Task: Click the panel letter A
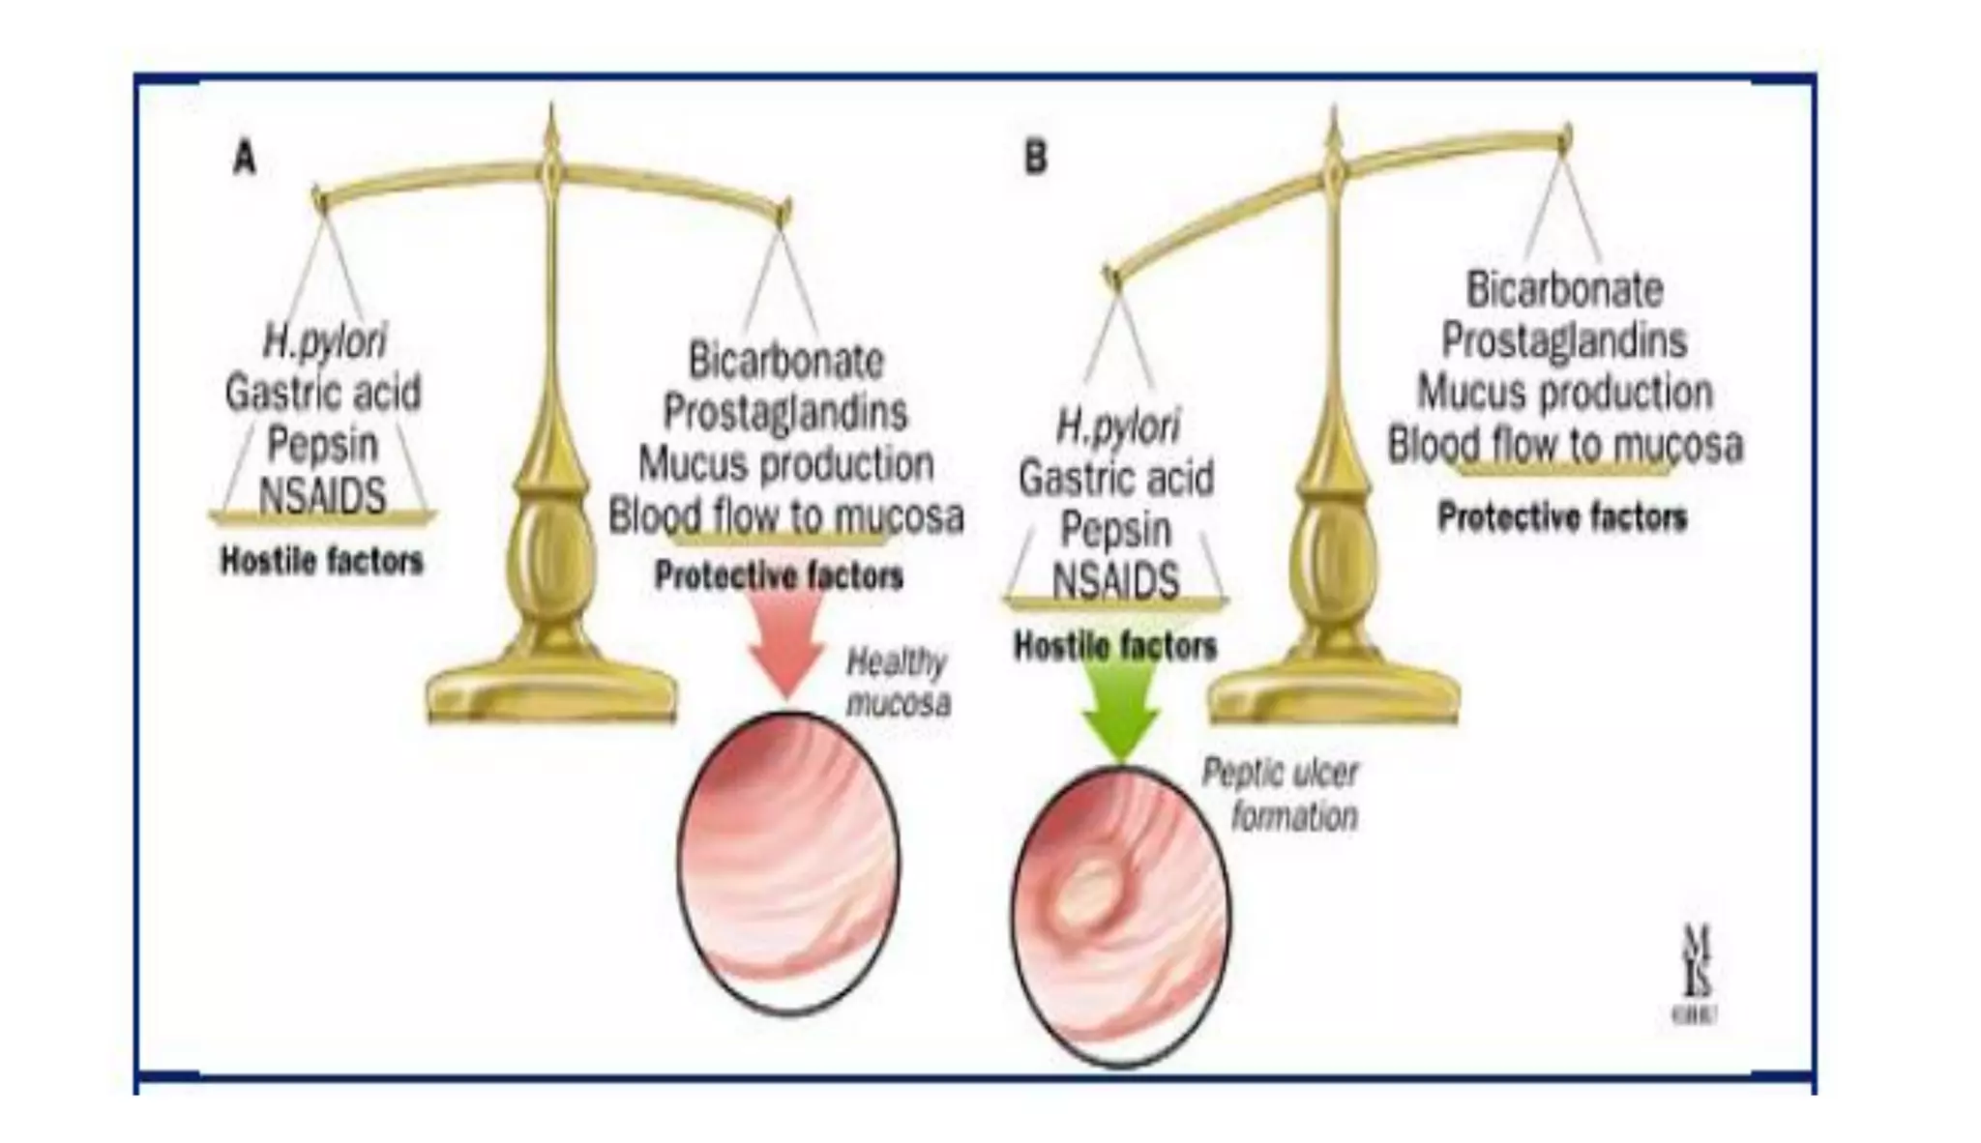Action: [x=245, y=158]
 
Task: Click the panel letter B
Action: [x=1035, y=158]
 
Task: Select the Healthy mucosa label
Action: [x=898, y=683]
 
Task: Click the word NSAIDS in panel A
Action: [x=322, y=496]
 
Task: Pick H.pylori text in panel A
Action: [x=324, y=341]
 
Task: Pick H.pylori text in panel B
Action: [x=1117, y=426]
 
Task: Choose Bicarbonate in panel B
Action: [x=1564, y=289]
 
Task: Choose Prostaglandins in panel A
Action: [x=784, y=413]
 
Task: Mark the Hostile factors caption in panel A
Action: [x=322, y=561]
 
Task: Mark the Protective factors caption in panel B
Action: [x=1562, y=517]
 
